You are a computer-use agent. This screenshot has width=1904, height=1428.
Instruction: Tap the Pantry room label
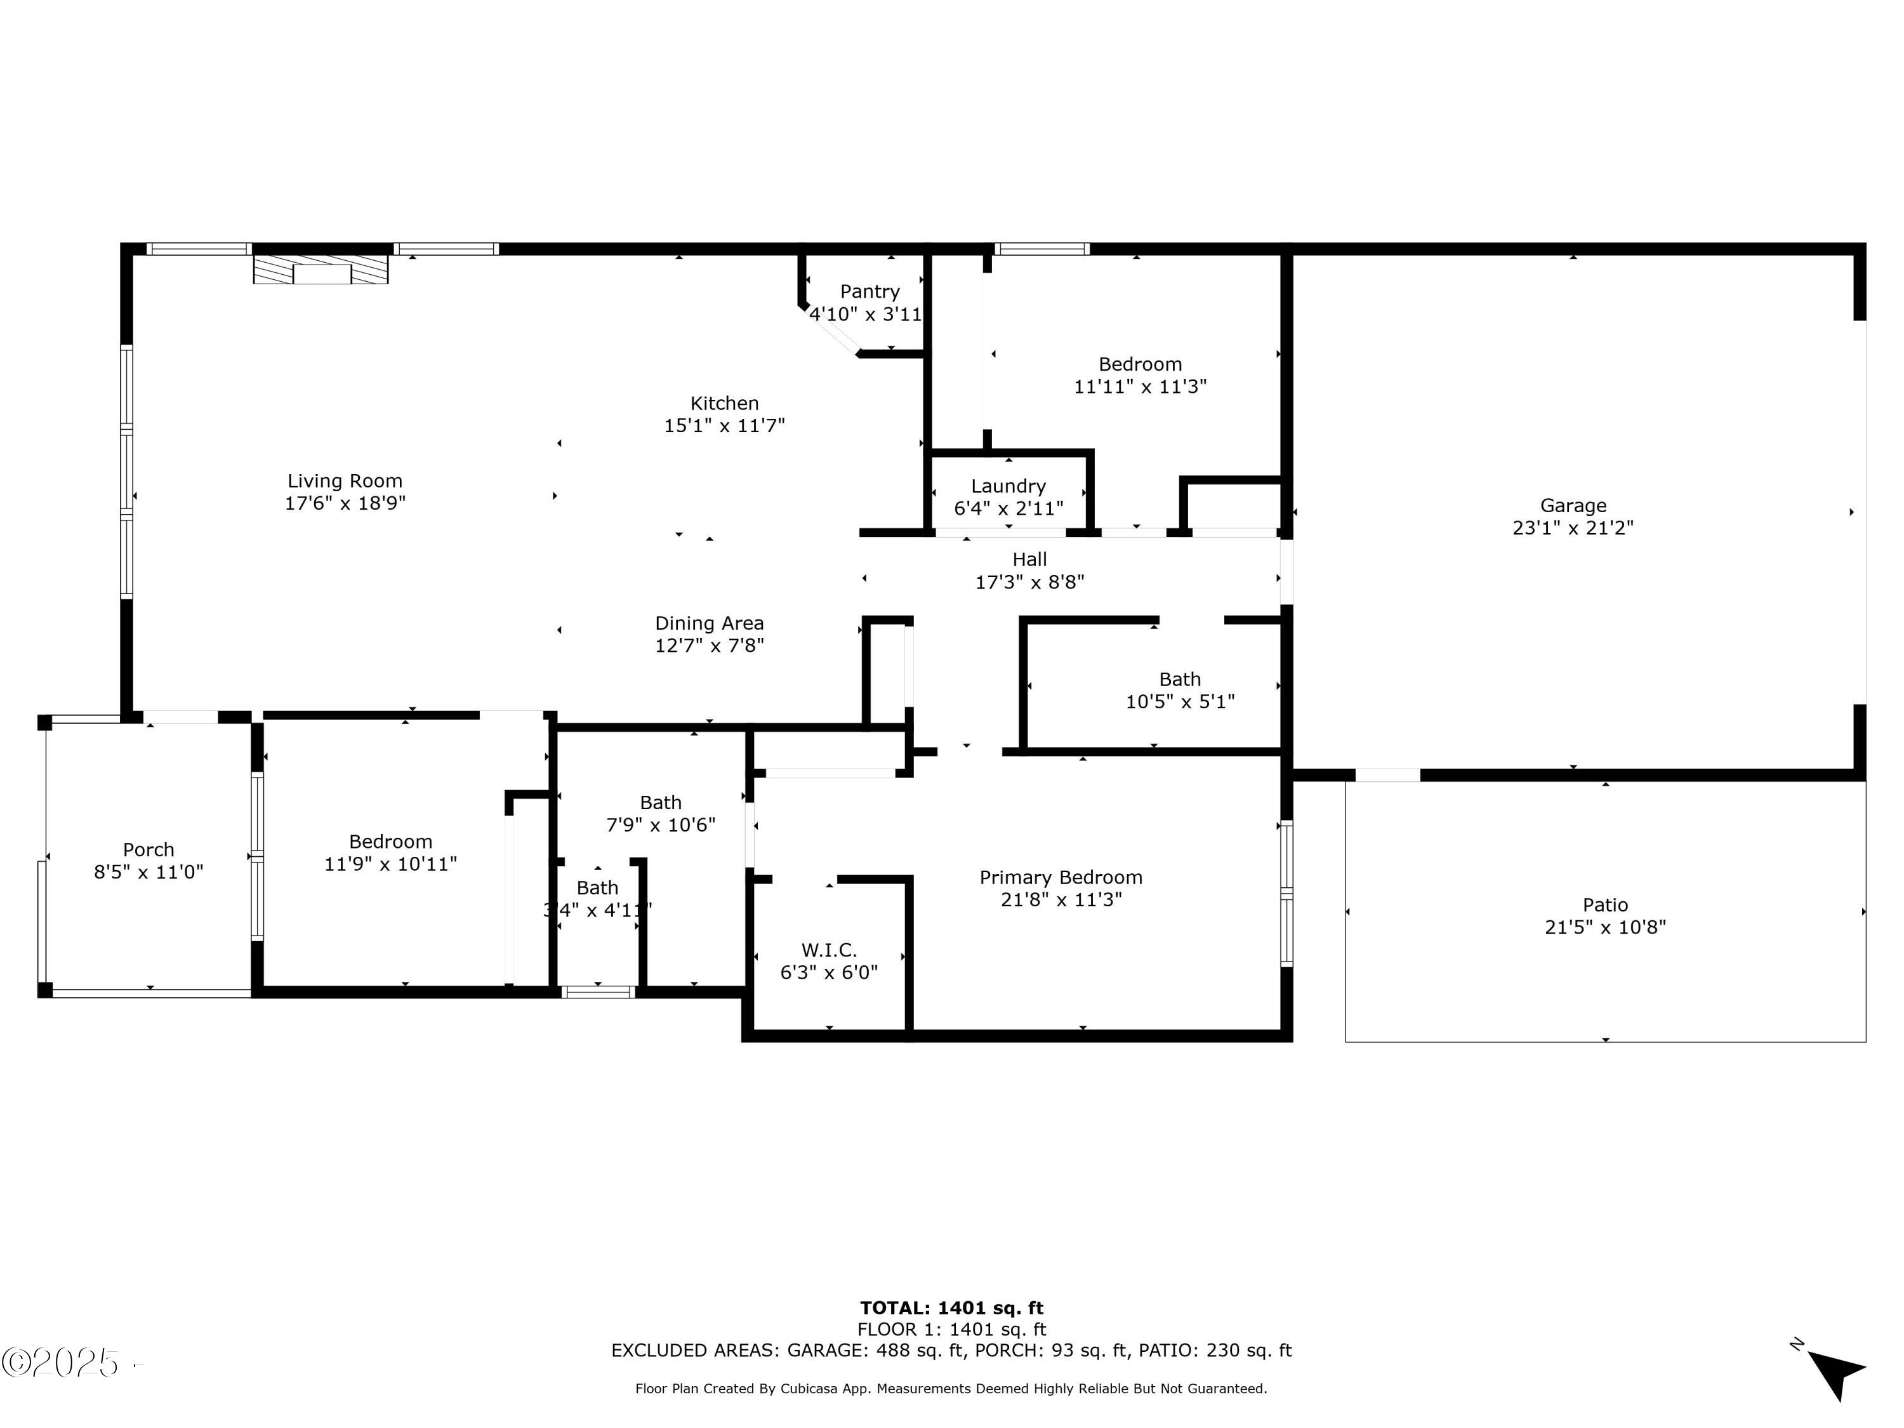point(869,292)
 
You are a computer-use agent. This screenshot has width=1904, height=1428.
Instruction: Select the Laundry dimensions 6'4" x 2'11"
point(1008,509)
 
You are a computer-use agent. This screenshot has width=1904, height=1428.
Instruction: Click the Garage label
point(1573,505)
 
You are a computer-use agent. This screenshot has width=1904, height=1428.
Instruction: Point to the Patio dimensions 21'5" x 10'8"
point(1604,927)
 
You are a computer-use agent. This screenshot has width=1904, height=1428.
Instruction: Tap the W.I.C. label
point(828,950)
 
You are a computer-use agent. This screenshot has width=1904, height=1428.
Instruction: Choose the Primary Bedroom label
point(1061,877)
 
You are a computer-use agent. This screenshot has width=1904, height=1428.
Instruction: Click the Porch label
point(148,850)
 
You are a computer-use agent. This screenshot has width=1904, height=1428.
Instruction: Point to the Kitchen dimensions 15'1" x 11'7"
point(724,425)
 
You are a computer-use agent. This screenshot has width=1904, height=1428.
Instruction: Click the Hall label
point(1029,560)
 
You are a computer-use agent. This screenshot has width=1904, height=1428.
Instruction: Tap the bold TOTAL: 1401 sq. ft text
point(951,1308)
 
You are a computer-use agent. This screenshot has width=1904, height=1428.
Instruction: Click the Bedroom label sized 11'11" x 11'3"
point(1140,364)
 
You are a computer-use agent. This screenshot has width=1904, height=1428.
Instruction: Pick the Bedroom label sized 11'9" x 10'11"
point(390,842)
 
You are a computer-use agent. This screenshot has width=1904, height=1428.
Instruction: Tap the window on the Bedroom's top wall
point(1041,249)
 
